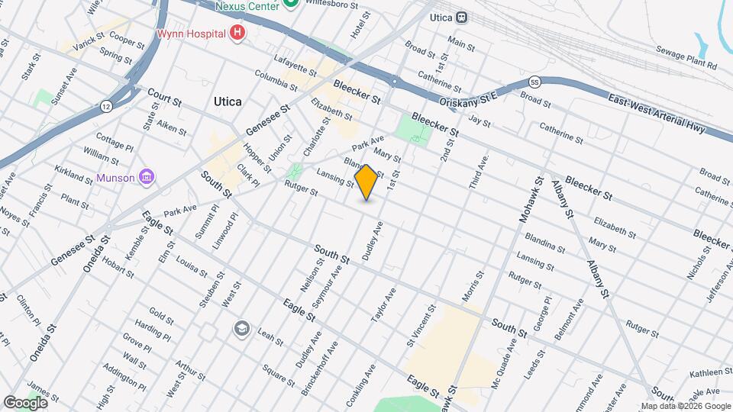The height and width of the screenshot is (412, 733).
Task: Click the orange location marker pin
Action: [x=366, y=182]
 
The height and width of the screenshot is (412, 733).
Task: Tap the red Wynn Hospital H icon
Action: [x=238, y=33]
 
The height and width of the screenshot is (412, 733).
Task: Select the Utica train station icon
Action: [x=462, y=17]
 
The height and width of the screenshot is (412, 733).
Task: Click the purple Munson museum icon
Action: [x=147, y=178]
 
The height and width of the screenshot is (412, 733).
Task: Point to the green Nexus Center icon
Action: [x=290, y=5]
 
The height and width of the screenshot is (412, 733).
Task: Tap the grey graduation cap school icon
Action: [x=242, y=327]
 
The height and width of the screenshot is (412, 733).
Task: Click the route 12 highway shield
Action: [x=105, y=105]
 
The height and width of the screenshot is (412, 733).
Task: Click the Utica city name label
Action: [x=228, y=101]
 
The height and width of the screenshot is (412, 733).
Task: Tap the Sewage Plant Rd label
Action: [x=688, y=59]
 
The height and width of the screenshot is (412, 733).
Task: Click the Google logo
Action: [x=24, y=402]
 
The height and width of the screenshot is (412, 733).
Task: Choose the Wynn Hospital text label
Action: [x=191, y=34]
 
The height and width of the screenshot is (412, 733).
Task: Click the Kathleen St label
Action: [x=711, y=372]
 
